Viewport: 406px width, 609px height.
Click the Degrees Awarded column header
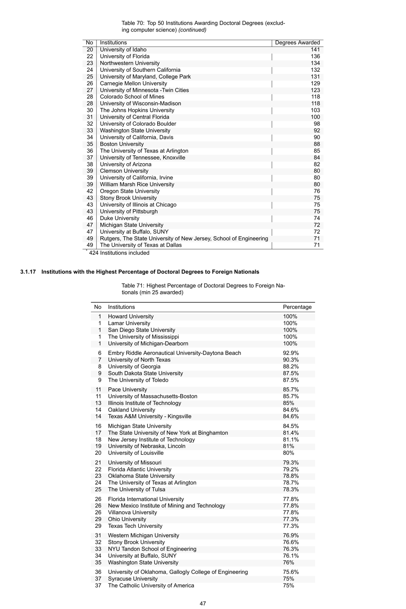pyautogui.click(x=297, y=43)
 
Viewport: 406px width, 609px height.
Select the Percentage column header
pyautogui.click(x=297, y=307)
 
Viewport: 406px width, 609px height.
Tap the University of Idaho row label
pyautogui.click(x=123, y=50)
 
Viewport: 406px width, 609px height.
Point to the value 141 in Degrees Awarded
pyautogui.click(x=315, y=50)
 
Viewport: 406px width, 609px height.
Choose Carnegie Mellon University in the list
pyautogui.click(x=133, y=83)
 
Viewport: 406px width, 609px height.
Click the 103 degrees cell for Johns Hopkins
pyautogui.click(x=315, y=110)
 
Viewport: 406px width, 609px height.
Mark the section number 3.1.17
pyautogui.click(x=28, y=272)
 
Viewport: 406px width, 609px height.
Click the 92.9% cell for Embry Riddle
pyautogui.click(x=291, y=353)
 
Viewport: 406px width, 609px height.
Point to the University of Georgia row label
pyautogui.click(x=134, y=367)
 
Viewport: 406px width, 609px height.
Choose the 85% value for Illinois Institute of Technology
pyautogui.click(x=288, y=403)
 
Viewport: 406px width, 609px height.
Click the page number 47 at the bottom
pyautogui.click(x=203, y=603)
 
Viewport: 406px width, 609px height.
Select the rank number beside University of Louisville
pyautogui.click(x=98, y=453)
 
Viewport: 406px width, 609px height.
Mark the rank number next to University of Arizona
pyautogui.click(x=90, y=165)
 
